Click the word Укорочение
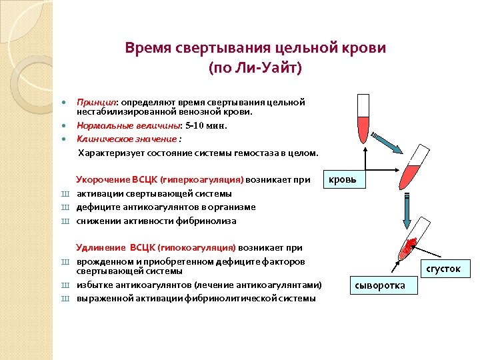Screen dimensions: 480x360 pyautogui.click(x=103, y=180)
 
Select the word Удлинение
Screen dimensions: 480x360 pyautogui.click(x=101, y=248)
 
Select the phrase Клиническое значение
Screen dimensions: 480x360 pyautogui.click(x=127, y=139)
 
